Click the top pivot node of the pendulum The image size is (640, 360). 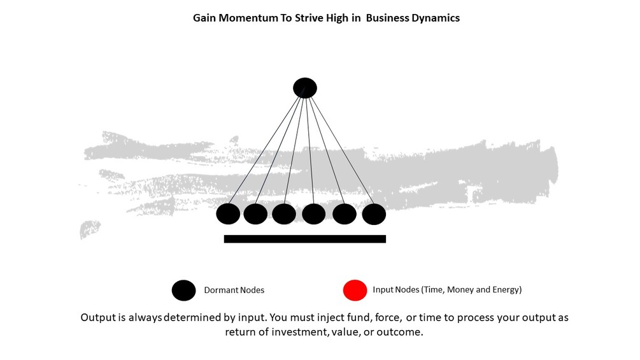tap(305, 88)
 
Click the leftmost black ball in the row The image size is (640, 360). tap(228, 214)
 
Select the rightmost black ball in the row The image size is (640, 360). tap(374, 214)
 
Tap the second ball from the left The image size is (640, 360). tap(255, 214)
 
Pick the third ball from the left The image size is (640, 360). tap(284, 214)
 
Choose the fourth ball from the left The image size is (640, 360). tap(314, 214)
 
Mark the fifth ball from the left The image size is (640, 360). tap(345, 214)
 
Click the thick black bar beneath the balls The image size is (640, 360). tap(305, 239)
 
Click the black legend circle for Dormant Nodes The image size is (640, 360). tap(184, 291)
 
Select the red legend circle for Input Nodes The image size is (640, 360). tap(355, 291)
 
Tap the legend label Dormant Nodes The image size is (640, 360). tap(234, 291)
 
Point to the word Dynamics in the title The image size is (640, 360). tap(435, 18)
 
